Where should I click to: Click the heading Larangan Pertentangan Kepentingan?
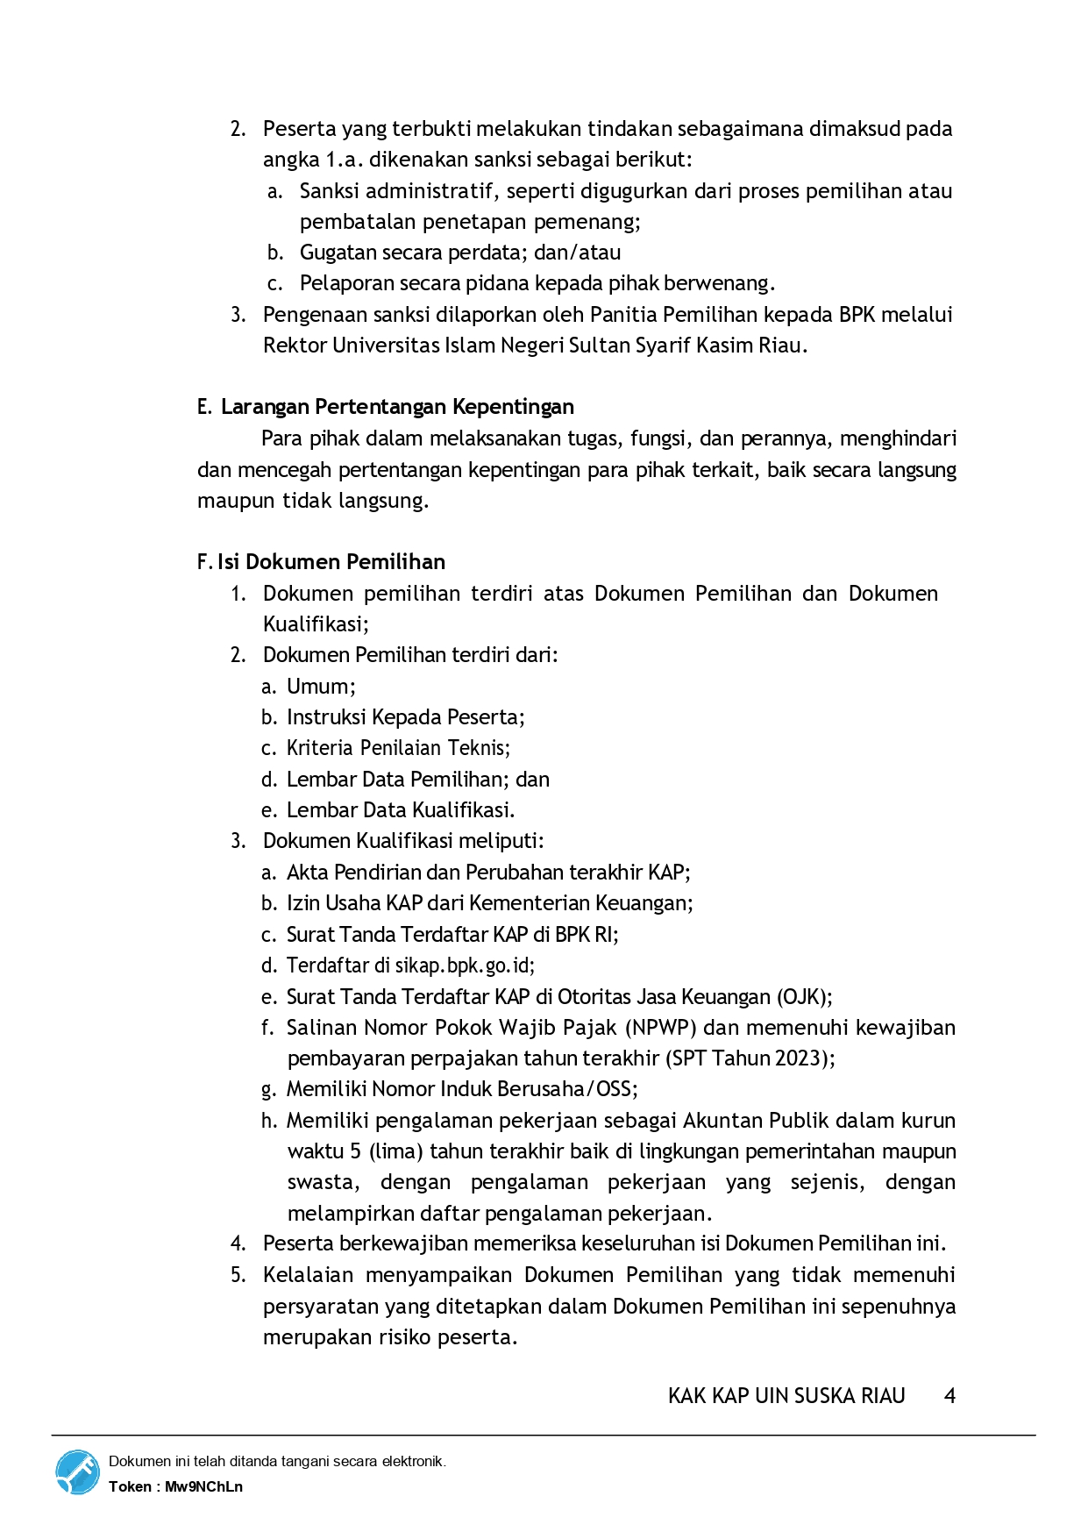[x=397, y=407]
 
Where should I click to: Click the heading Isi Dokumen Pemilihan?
[x=331, y=562]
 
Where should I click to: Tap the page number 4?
[x=949, y=1395]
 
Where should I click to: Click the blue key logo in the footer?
[x=78, y=1472]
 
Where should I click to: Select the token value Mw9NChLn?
[x=203, y=1486]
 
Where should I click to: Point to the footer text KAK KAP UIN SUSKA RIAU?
[x=786, y=1395]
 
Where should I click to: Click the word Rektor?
[x=295, y=346]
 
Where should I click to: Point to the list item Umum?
[x=321, y=687]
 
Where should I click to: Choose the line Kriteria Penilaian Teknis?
[x=398, y=748]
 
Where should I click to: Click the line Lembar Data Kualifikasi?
[x=401, y=810]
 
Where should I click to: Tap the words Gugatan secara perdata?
[x=410, y=253]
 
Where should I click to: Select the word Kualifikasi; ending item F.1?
[x=316, y=624]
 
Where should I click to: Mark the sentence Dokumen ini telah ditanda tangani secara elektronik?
[x=277, y=1461]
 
